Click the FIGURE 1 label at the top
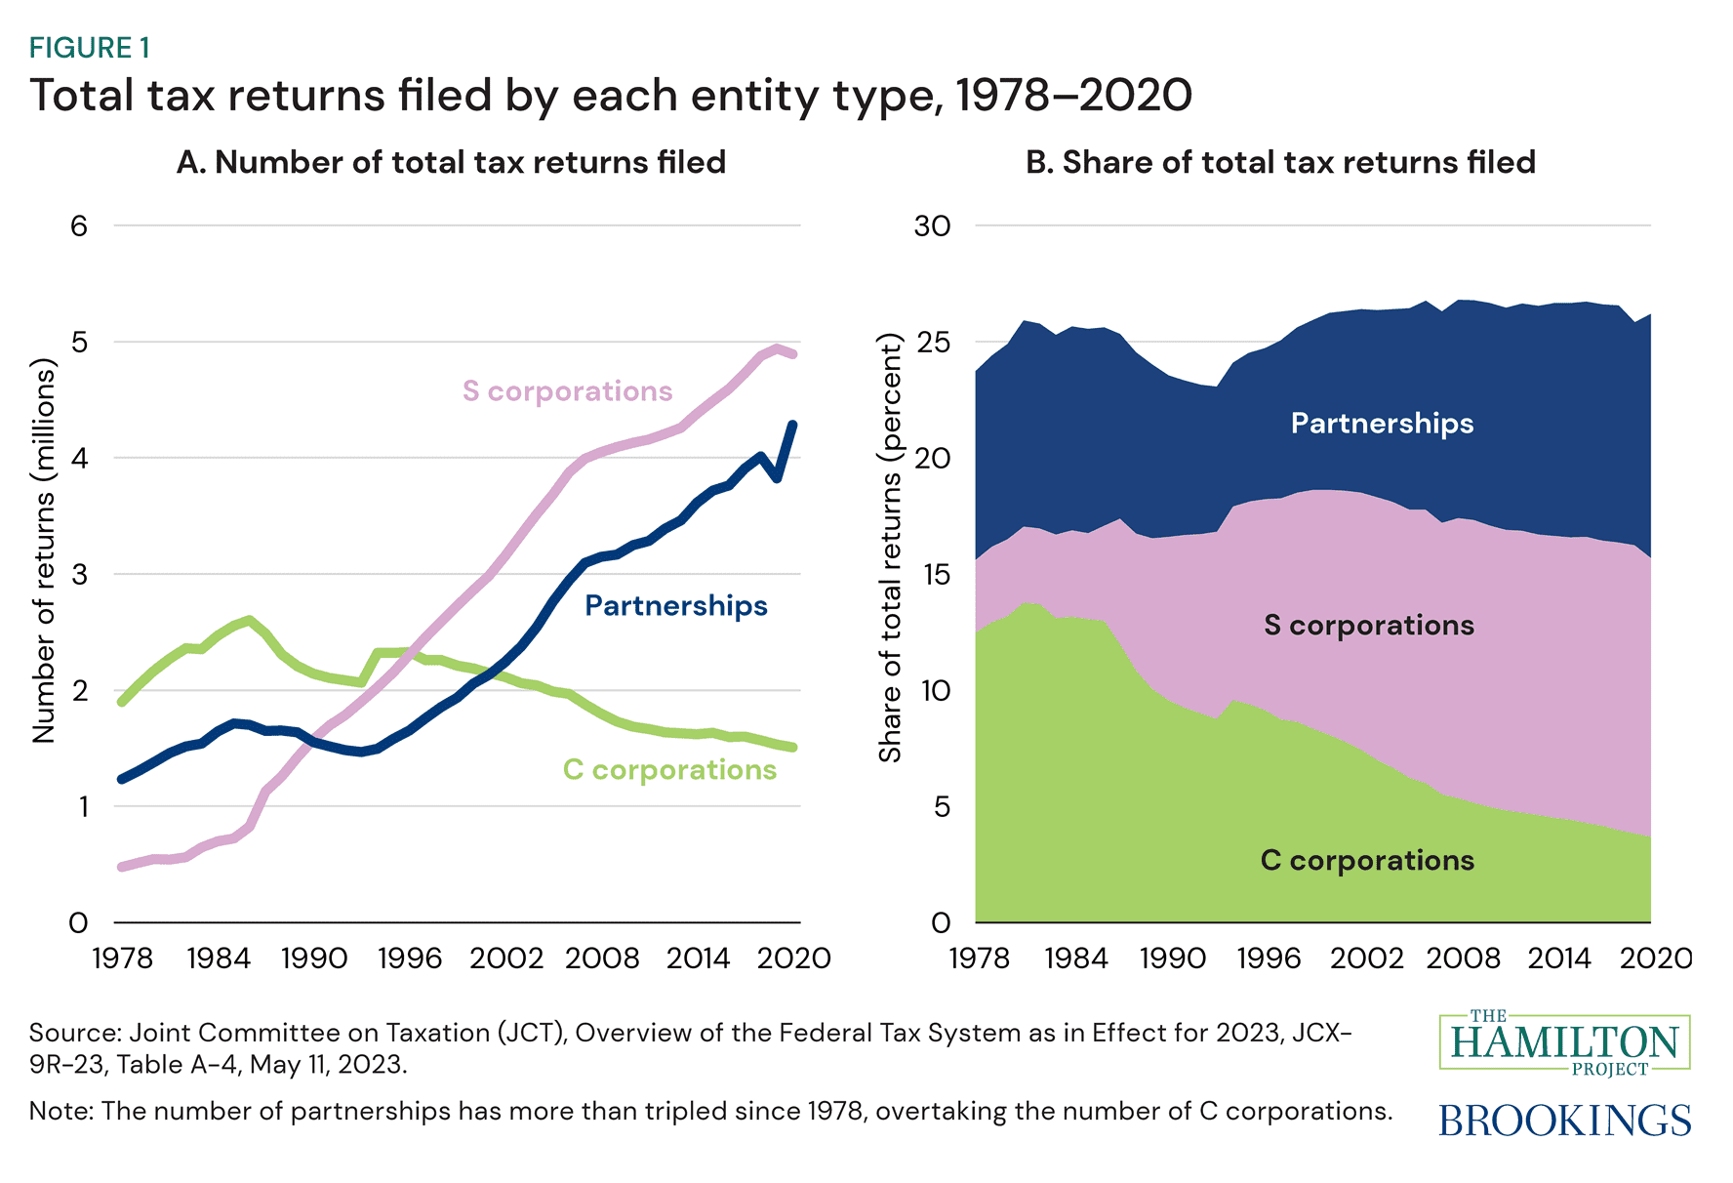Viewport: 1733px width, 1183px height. [x=90, y=48]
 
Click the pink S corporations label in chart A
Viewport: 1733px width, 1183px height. [x=567, y=391]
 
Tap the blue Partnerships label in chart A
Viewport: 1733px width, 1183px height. [x=675, y=606]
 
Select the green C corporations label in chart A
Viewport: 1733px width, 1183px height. [x=669, y=770]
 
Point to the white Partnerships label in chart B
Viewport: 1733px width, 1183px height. [x=1382, y=424]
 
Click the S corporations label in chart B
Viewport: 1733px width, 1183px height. [x=1368, y=626]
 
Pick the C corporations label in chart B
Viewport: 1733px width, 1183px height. [x=1367, y=861]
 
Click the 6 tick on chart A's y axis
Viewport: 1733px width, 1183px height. [x=79, y=226]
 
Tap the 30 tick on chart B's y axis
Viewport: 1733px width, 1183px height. [x=931, y=226]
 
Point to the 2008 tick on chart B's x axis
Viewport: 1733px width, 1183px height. [x=1463, y=959]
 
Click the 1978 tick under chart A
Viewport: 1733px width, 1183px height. [x=123, y=959]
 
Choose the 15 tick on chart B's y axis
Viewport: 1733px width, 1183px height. [x=933, y=575]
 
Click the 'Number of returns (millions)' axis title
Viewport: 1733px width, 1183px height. [x=44, y=551]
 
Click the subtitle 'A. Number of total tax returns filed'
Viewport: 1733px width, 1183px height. [x=451, y=162]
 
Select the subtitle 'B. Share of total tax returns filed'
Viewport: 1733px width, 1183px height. [x=1280, y=162]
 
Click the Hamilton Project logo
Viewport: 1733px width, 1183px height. [x=1564, y=1042]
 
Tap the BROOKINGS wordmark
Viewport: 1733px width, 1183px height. [x=1564, y=1121]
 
